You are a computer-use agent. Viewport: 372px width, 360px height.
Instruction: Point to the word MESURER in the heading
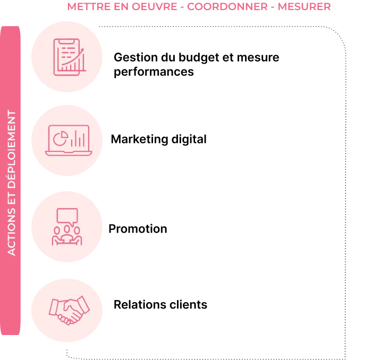pos(307,6)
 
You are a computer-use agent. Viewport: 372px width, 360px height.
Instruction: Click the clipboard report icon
pos(68,56)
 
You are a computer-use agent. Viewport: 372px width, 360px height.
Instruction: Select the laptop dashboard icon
pos(68,140)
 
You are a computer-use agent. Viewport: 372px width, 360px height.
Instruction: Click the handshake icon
pos(69,310)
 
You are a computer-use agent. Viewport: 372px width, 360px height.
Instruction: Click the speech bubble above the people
pos(67,215)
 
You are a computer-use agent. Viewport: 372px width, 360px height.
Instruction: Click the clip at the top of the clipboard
pos(66,40)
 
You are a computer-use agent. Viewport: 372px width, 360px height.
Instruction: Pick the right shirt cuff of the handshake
pos(83,304)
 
